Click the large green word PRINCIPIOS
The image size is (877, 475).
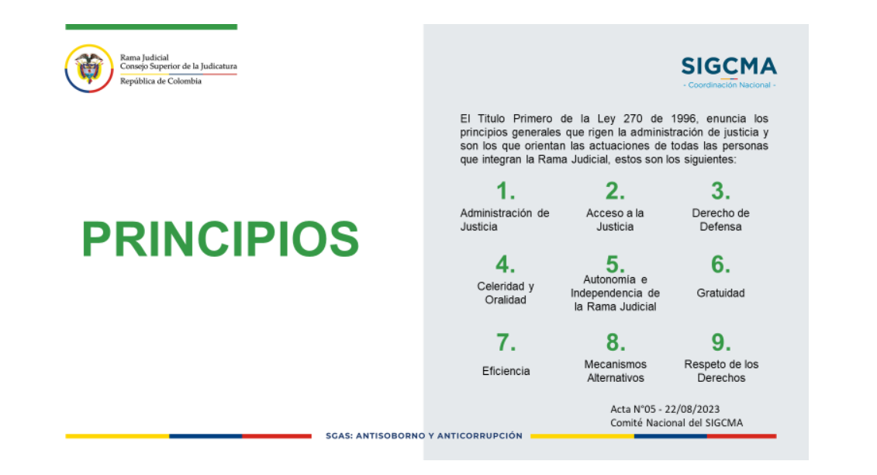[219, 239]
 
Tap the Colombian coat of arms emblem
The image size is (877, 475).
[89, 68]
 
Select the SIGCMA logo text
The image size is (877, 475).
[729, 66]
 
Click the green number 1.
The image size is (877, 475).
[506, 191]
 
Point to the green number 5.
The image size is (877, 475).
[615, 264]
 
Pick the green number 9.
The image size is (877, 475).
[721, 342]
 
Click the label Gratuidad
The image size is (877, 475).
[720, 293]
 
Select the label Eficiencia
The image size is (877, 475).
[506, 371]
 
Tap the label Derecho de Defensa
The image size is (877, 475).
[720, 220]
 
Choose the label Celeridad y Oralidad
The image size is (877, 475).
[506, 293]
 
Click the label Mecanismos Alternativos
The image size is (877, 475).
[615, 371]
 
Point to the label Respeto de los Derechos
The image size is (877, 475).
[721, 371]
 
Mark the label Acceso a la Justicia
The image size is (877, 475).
[615, 220]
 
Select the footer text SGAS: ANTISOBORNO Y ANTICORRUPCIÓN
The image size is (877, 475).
[424, 435]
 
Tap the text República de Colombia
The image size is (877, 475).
[161, 81]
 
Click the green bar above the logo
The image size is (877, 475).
[151, 27]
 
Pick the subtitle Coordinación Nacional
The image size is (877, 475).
[729, 85]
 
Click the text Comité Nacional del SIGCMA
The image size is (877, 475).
[676, 423]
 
